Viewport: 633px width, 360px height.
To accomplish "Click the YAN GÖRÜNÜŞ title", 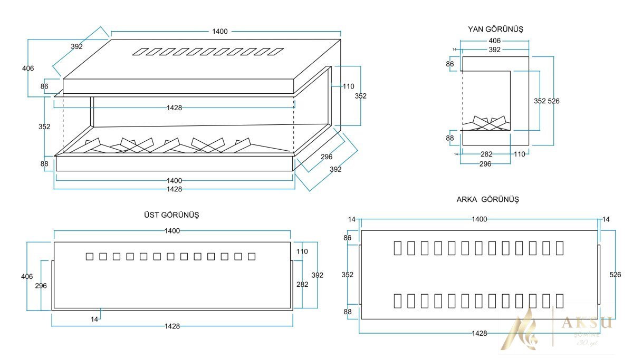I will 495,29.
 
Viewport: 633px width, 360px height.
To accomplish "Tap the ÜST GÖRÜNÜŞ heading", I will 171,215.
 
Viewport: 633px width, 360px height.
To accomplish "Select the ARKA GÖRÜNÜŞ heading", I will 488,199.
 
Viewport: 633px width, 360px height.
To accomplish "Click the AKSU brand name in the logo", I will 587,323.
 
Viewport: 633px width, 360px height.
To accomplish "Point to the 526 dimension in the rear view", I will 615,275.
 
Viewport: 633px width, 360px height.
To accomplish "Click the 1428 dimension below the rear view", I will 479,334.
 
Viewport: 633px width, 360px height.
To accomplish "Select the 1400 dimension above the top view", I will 172,230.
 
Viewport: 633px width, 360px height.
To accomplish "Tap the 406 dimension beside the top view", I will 27,276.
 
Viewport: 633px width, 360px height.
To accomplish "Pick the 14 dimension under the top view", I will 94,319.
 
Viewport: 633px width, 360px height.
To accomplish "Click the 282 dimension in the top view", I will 302,284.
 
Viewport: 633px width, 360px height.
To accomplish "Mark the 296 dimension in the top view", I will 41,286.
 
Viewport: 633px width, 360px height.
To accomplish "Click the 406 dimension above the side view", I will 494,40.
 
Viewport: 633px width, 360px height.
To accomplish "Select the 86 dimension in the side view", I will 450,64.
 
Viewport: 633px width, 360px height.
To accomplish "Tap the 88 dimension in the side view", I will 450,138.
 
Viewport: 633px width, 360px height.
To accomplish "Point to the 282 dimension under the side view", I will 487,154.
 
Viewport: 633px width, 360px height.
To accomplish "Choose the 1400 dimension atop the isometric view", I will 219,31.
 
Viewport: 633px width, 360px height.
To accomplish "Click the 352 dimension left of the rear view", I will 347,275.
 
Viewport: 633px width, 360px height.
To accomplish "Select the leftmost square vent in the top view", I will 90,257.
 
